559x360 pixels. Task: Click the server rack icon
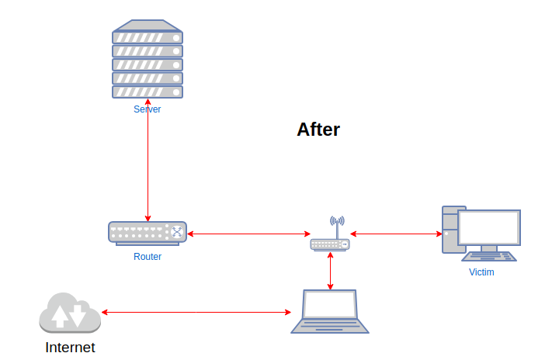click(x=148, y=62)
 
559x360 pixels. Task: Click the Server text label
click(x=148, y=109)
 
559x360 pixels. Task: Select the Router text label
click(x=148, y=257)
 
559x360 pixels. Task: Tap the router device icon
click(x=148, y=232)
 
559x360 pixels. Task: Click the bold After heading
click(x=318, y=130)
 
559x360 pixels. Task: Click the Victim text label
click(x=481, y=272)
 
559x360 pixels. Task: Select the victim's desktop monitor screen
click(x=488, y=227)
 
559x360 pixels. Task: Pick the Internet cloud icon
click(x=70, y=313)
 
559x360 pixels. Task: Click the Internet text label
click(x=70, y=348)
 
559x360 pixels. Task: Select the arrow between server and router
click(x=148, y=163)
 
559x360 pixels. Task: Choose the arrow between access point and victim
click(x=396, y=233)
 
